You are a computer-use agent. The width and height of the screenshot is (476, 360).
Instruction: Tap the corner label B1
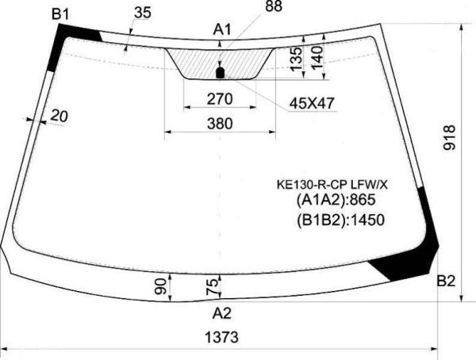click(x=60, y=13)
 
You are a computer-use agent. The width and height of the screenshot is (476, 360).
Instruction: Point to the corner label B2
click(x=446, y=281)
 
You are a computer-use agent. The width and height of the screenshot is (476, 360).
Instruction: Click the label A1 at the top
click(x=223, y=30)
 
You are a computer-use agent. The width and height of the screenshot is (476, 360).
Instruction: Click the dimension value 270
click(x=219, y=99)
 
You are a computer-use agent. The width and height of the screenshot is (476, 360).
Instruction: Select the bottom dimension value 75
click(x=212, y=286)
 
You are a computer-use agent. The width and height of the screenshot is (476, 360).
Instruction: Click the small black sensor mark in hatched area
click(x=221, y=73)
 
